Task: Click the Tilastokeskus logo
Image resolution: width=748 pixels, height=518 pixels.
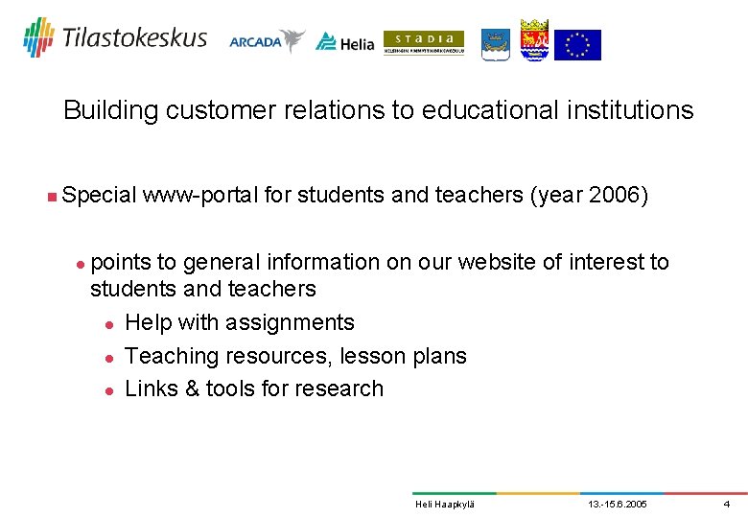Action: click(x=115, y=37)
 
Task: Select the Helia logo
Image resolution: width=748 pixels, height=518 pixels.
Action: click(x=345, y=41)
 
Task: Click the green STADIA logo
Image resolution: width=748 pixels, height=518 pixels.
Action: click(x=423, y=42)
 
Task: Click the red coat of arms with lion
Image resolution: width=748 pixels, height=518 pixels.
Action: click(x=534, y=40)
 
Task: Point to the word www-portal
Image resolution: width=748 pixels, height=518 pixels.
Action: click(x=199, y=196)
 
